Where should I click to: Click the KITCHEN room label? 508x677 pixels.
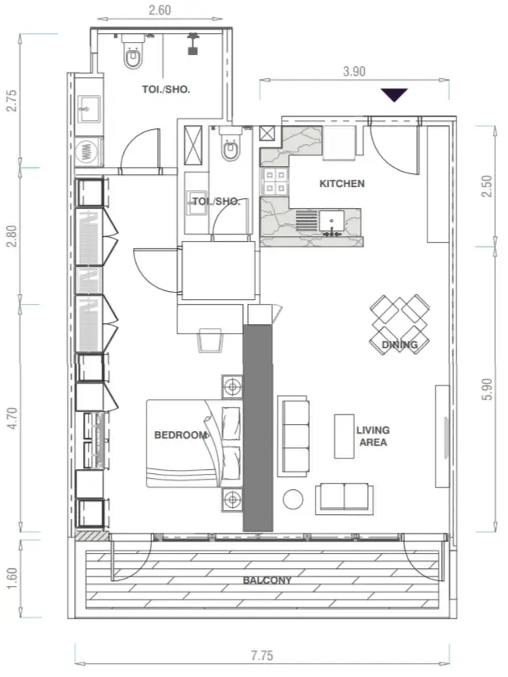click(341, 184)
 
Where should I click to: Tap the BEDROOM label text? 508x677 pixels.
click(181, 434)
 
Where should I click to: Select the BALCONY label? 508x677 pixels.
click(267, 580)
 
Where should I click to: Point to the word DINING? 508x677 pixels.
click(399, 345)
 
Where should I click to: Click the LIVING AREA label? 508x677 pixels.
click(373, 436)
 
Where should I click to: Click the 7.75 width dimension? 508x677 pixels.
click(262, 656)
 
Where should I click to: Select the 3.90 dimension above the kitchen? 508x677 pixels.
click(354, 71)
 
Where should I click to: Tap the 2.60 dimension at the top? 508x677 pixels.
click(159, 10)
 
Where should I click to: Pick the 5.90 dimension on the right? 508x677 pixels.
click(487, 389)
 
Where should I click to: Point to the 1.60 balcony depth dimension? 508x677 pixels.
click(12, 579)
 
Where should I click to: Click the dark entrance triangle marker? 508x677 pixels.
click(394, 94)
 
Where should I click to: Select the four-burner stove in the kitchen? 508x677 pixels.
click(275, 181)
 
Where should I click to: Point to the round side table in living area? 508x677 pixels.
click(293, 499)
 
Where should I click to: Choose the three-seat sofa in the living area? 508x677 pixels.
click(293, 436)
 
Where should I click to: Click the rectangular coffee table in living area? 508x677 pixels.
click(344, 436)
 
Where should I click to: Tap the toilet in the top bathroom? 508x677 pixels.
click(133, 52)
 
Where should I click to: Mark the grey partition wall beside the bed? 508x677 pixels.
click(258, 428)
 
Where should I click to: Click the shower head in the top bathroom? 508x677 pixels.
click(193, 44)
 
